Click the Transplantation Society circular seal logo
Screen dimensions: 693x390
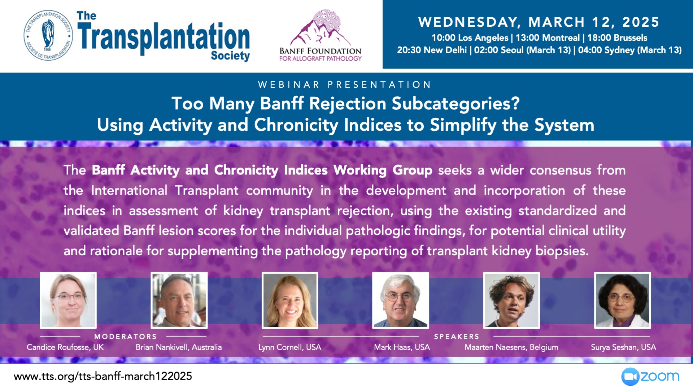pyautogui.click(x=48, y=35)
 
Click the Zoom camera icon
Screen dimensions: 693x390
pyautogui.click(x=630, y=377)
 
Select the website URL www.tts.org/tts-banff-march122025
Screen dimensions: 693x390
pyautogui.click(x=103, y=376)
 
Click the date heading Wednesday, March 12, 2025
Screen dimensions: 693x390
pyautogui.click(x=539, y=22)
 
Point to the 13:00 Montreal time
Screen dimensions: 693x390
pyautogui.click(x=548, y=38)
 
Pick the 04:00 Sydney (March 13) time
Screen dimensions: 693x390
pyautogui.click(x=630, y=50)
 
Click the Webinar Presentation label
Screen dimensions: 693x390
pyautogui.click(x=345, y=84)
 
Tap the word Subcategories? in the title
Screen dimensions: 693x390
pyautogui.click(x=456, y=104)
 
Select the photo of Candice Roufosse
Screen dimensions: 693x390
pyautogui.click(x=68, y=300)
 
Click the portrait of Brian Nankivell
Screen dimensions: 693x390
pyautogui.click(x=179, y=300)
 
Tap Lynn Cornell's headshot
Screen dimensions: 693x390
pyautogui.click(x=290, y=300)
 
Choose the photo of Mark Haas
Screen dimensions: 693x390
pyautogui.click(x=401, y=300)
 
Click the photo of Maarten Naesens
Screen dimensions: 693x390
pyautogui.click(x=511, y=300)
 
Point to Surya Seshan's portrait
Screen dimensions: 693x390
pyautogui.click(x=623, y=300)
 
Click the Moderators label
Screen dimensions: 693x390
pyautogui.click(x=126, y=337)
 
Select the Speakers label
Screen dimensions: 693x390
pyautogui.click(x=457, y=337)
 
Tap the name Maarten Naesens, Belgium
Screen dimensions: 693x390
pyautogui.click(x=511, y=347)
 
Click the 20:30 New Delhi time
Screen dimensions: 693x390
pyautogui.click(x=432, y=50)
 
